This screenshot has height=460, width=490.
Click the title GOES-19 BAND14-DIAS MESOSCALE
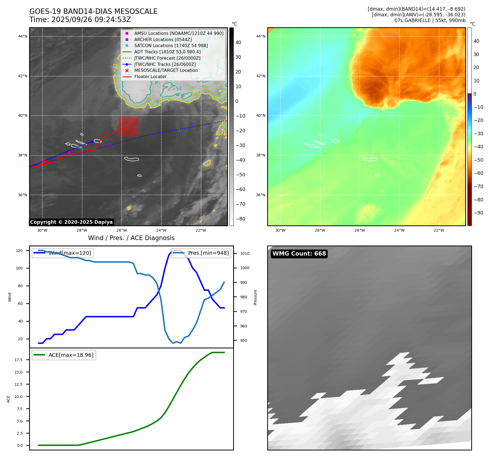coord(93,11)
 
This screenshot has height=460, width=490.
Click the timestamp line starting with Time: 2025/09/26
coord(80,20)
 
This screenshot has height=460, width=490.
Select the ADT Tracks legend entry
coord(167,52)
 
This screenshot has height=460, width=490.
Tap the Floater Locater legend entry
coord(150,77)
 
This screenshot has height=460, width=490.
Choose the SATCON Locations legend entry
coord(171,46)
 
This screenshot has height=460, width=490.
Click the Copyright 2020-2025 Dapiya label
coord(71,222)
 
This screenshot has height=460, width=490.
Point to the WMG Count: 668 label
coord(299,254)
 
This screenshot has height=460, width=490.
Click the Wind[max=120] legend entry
coord(70,253)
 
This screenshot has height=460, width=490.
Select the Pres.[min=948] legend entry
coord(208,253)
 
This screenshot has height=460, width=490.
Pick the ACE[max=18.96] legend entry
coord(71,355)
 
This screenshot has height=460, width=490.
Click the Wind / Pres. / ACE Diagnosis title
coord(131,238)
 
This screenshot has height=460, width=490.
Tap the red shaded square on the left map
coord(128,127)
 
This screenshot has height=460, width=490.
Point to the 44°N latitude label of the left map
coord(23,36)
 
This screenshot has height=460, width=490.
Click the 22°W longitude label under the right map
coord(439,230)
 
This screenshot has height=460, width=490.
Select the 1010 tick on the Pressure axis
coord(245,253)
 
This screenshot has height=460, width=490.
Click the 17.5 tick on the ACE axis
coord(19,360)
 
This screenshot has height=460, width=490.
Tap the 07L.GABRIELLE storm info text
coord(430,20)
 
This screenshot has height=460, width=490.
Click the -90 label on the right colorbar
coord(478,213)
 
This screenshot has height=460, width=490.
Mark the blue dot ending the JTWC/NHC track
coord(92,142)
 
